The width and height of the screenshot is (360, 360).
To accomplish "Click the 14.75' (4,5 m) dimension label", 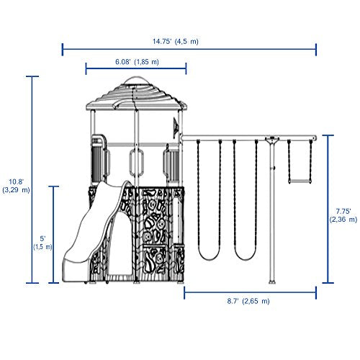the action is coord(176,42).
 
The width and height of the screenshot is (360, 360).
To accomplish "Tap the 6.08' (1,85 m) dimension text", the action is coord(137,62).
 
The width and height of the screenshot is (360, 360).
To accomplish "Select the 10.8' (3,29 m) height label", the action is coord(16,186).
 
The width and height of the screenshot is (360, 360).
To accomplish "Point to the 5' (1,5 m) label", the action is coord(42,243).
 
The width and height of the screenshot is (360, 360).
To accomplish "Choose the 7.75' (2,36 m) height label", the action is coord(343,215).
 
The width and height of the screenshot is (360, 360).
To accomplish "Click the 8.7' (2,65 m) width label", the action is coord(248,301).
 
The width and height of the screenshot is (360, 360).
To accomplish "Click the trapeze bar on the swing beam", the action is coord(300,181).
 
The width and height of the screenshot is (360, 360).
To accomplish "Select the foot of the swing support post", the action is coord(272,282).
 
